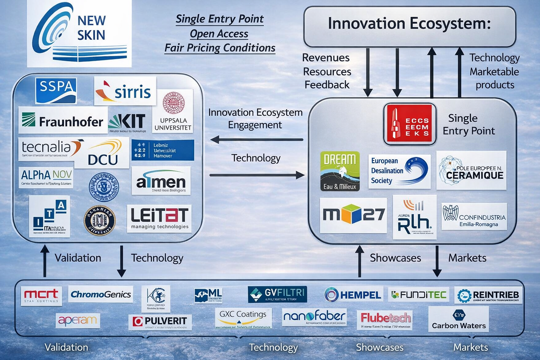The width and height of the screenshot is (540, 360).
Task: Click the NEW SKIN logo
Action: pos(79,34)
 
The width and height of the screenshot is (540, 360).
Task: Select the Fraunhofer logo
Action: pos(63,121)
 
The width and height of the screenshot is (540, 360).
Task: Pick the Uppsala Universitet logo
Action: pos(173,111)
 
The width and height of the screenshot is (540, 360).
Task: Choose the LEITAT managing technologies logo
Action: pos(159,218)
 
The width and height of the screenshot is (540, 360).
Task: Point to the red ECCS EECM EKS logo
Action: pos(410,124)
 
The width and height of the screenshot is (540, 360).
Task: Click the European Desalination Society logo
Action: pos(399,171)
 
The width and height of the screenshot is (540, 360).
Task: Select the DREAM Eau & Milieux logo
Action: pos(340,171)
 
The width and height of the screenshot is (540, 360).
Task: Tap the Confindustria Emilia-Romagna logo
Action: pos(474,216)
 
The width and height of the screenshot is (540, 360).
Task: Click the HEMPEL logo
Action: pos(353,295)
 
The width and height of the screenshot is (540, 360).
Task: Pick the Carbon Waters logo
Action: pos(458,319)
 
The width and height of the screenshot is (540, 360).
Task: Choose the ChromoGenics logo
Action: pos(101,294)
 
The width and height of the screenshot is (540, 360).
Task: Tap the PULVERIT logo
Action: pos(160,321)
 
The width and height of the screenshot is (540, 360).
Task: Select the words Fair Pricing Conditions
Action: pos(220,48)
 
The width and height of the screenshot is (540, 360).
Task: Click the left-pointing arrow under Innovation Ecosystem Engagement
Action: pos(257,140)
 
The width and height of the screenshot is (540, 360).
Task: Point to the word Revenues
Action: pos(326,58)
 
